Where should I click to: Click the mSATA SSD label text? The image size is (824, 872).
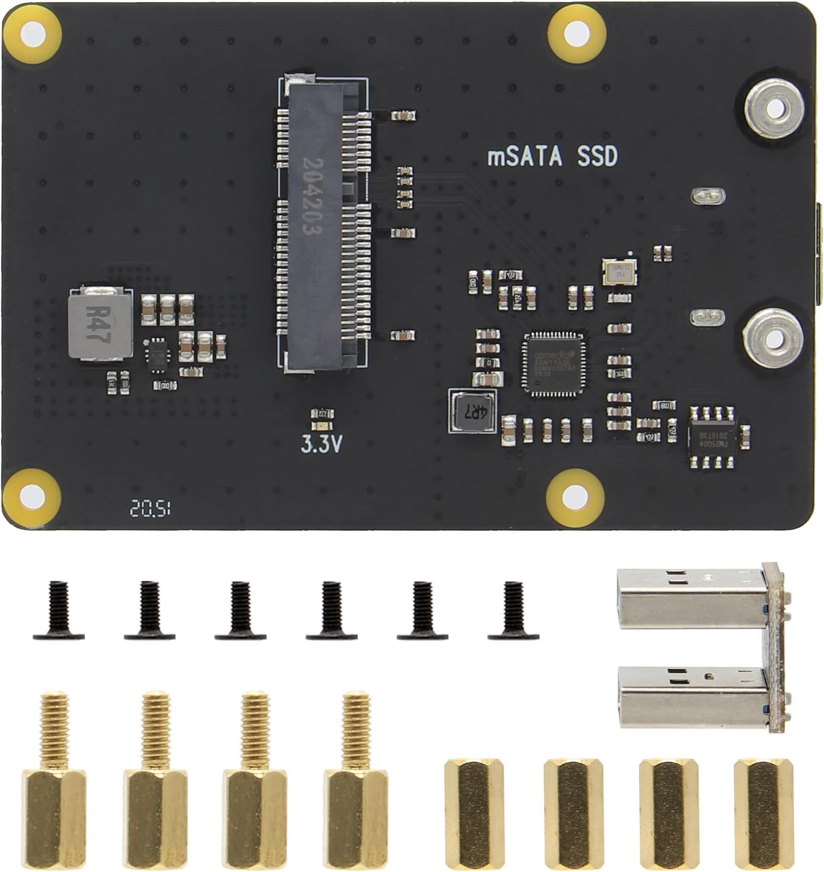click(553, 156)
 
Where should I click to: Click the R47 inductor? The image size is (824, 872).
click(99, 324)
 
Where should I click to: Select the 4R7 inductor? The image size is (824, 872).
click(472, 412)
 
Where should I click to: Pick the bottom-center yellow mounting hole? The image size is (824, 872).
click(575, 499)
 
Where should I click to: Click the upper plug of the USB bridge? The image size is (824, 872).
click(694, 597)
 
